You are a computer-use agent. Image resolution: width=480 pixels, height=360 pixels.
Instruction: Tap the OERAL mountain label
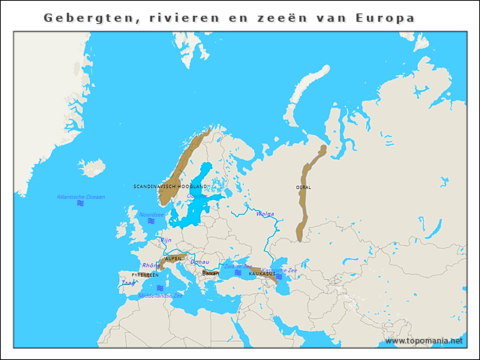point(303,187)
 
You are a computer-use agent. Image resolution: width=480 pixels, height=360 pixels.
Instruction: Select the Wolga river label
point(265,214)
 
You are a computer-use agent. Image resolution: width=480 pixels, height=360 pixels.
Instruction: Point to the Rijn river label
point(166,240)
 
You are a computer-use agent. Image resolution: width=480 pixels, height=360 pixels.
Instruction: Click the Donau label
point(199,262)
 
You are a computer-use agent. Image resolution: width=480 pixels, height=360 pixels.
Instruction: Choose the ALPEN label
point(173,258)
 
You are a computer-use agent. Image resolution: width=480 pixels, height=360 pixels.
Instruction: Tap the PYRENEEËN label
point(145,275)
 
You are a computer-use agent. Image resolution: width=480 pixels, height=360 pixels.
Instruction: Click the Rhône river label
point(149,265)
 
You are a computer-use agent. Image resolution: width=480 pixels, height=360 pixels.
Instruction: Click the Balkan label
point(210,274)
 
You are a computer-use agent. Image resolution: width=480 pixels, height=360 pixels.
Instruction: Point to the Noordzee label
point(151,214)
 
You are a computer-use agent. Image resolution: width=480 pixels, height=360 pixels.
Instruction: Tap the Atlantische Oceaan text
point(81,196)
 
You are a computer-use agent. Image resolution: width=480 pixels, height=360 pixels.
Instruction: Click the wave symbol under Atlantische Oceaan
point(80,204)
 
